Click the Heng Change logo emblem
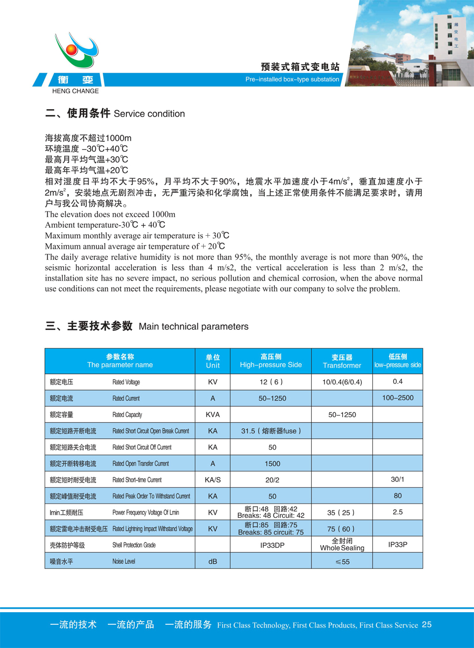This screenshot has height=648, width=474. click(76, 51)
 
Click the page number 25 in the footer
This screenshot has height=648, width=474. click(427, 625)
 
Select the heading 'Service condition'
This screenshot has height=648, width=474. click(149, 114)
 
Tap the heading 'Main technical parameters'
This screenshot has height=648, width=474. click(193, 327)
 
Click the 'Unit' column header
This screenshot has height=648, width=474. click(213, 361)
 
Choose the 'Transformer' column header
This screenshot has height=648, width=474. click(342, 362)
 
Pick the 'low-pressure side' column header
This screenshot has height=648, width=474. click(398, 361)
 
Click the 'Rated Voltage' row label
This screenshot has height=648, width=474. click(126, 382)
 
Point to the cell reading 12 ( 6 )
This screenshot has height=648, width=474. click(271, 382)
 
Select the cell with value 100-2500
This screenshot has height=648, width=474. click(398, 398)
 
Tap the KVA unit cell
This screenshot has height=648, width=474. click(213, 414)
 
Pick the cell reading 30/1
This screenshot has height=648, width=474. click(398, 479)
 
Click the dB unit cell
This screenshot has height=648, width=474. click(213, 562)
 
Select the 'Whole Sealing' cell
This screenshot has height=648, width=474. click(342, 545)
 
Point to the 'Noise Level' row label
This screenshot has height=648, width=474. click(123, 562)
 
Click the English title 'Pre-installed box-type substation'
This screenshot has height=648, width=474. click(292, 80)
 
